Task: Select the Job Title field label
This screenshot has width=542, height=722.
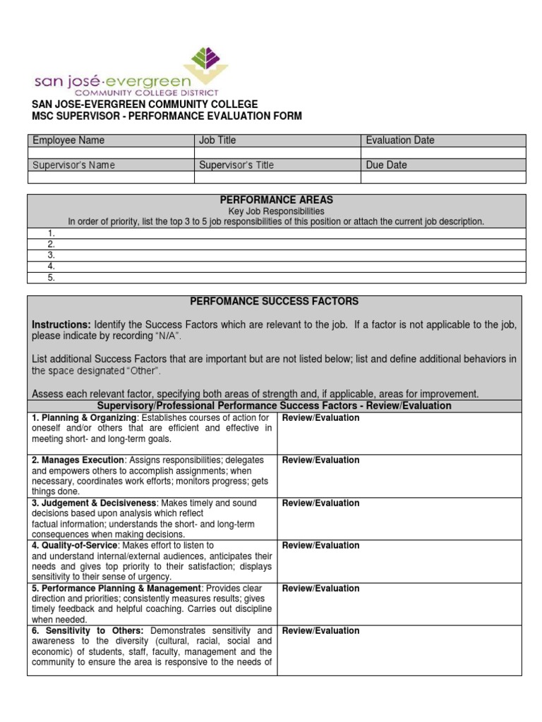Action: point(217,140)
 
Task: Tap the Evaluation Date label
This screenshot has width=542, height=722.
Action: point(400,140)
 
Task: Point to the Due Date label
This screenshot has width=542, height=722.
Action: point(386,165)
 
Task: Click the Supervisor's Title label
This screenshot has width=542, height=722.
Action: point(236,165)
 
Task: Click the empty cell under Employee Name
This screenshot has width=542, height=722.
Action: point(111,152)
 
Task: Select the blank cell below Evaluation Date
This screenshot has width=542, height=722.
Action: point(443,152)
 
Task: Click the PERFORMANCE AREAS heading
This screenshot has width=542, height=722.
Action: point(276,200)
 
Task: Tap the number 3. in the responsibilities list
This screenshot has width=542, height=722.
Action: point(52,255)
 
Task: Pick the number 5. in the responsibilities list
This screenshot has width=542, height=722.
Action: point(52,278)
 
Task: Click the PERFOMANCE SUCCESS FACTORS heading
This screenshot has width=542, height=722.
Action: point(275,301)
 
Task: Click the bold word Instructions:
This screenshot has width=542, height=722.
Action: point(61,324)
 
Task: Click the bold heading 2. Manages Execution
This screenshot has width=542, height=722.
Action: point(80,460)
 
